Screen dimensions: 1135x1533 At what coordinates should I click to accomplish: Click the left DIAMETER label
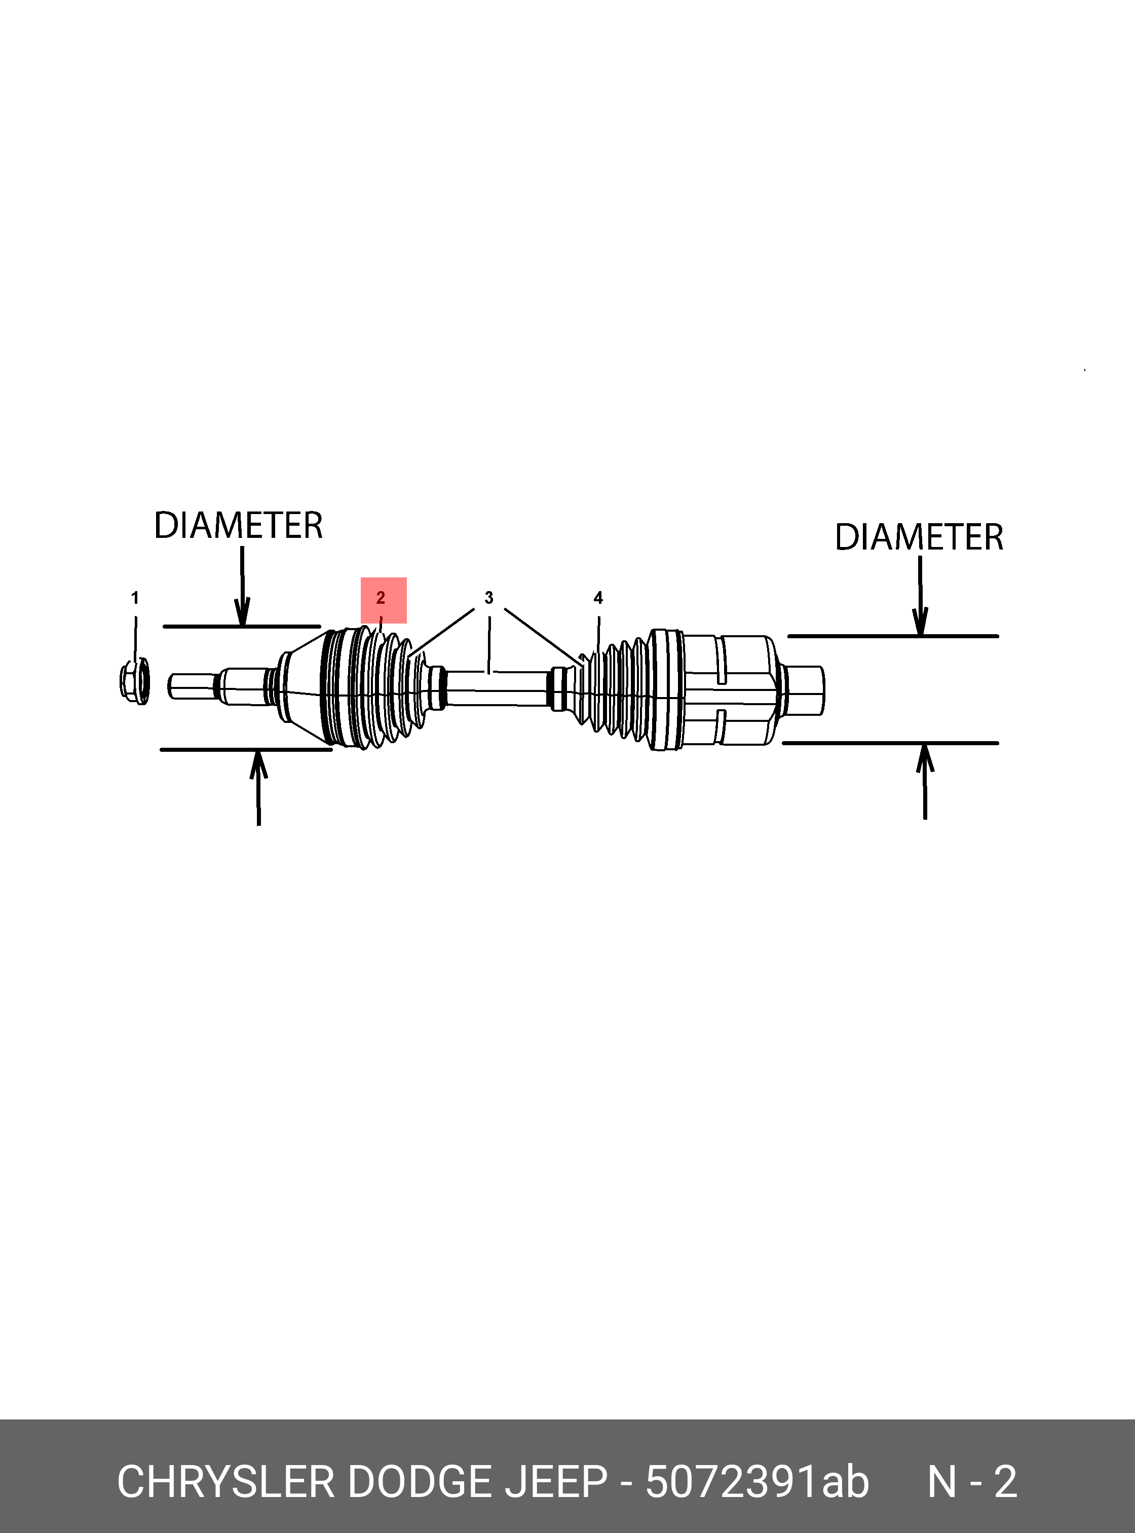tap(238, 525)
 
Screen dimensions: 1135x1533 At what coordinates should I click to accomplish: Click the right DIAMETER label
tap(919, 537)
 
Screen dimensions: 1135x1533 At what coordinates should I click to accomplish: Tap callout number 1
tap(135, 598)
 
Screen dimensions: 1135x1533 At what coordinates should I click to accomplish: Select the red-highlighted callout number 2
tap(382, 598)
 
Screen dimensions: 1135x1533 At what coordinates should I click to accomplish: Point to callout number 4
tap(598, 598)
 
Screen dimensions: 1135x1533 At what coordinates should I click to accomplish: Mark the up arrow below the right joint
tap(925, 781)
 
